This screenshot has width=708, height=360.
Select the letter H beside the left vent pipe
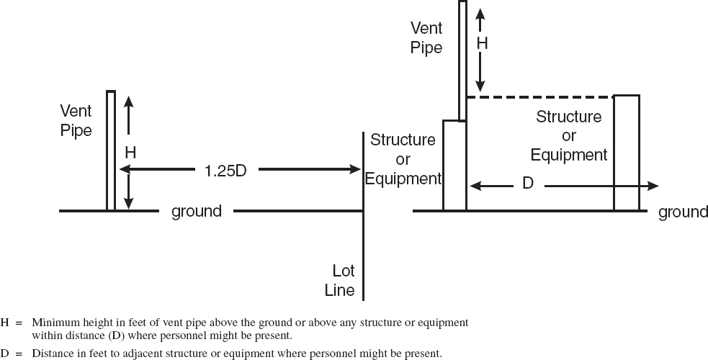(130, 152)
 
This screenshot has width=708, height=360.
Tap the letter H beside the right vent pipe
(482, 43)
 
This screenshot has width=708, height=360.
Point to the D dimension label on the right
(527, 184)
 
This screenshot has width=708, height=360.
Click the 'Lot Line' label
(343, 281)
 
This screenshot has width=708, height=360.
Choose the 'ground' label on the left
(196, 212)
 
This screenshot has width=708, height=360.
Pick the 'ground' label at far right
(683, 212)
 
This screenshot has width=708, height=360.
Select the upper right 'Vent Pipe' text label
(426, 38)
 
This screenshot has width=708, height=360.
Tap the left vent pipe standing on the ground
(111, 151)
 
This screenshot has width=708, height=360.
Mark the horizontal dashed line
(540, 96)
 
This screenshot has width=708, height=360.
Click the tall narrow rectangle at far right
(626, 153)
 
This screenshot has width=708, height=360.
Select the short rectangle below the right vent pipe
(454, 166)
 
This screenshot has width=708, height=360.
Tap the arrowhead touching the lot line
(355, 170)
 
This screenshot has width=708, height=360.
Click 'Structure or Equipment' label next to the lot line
(403, 159)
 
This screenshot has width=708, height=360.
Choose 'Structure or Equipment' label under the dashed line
(569, 135)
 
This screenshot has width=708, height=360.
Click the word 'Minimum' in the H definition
(51, 322)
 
